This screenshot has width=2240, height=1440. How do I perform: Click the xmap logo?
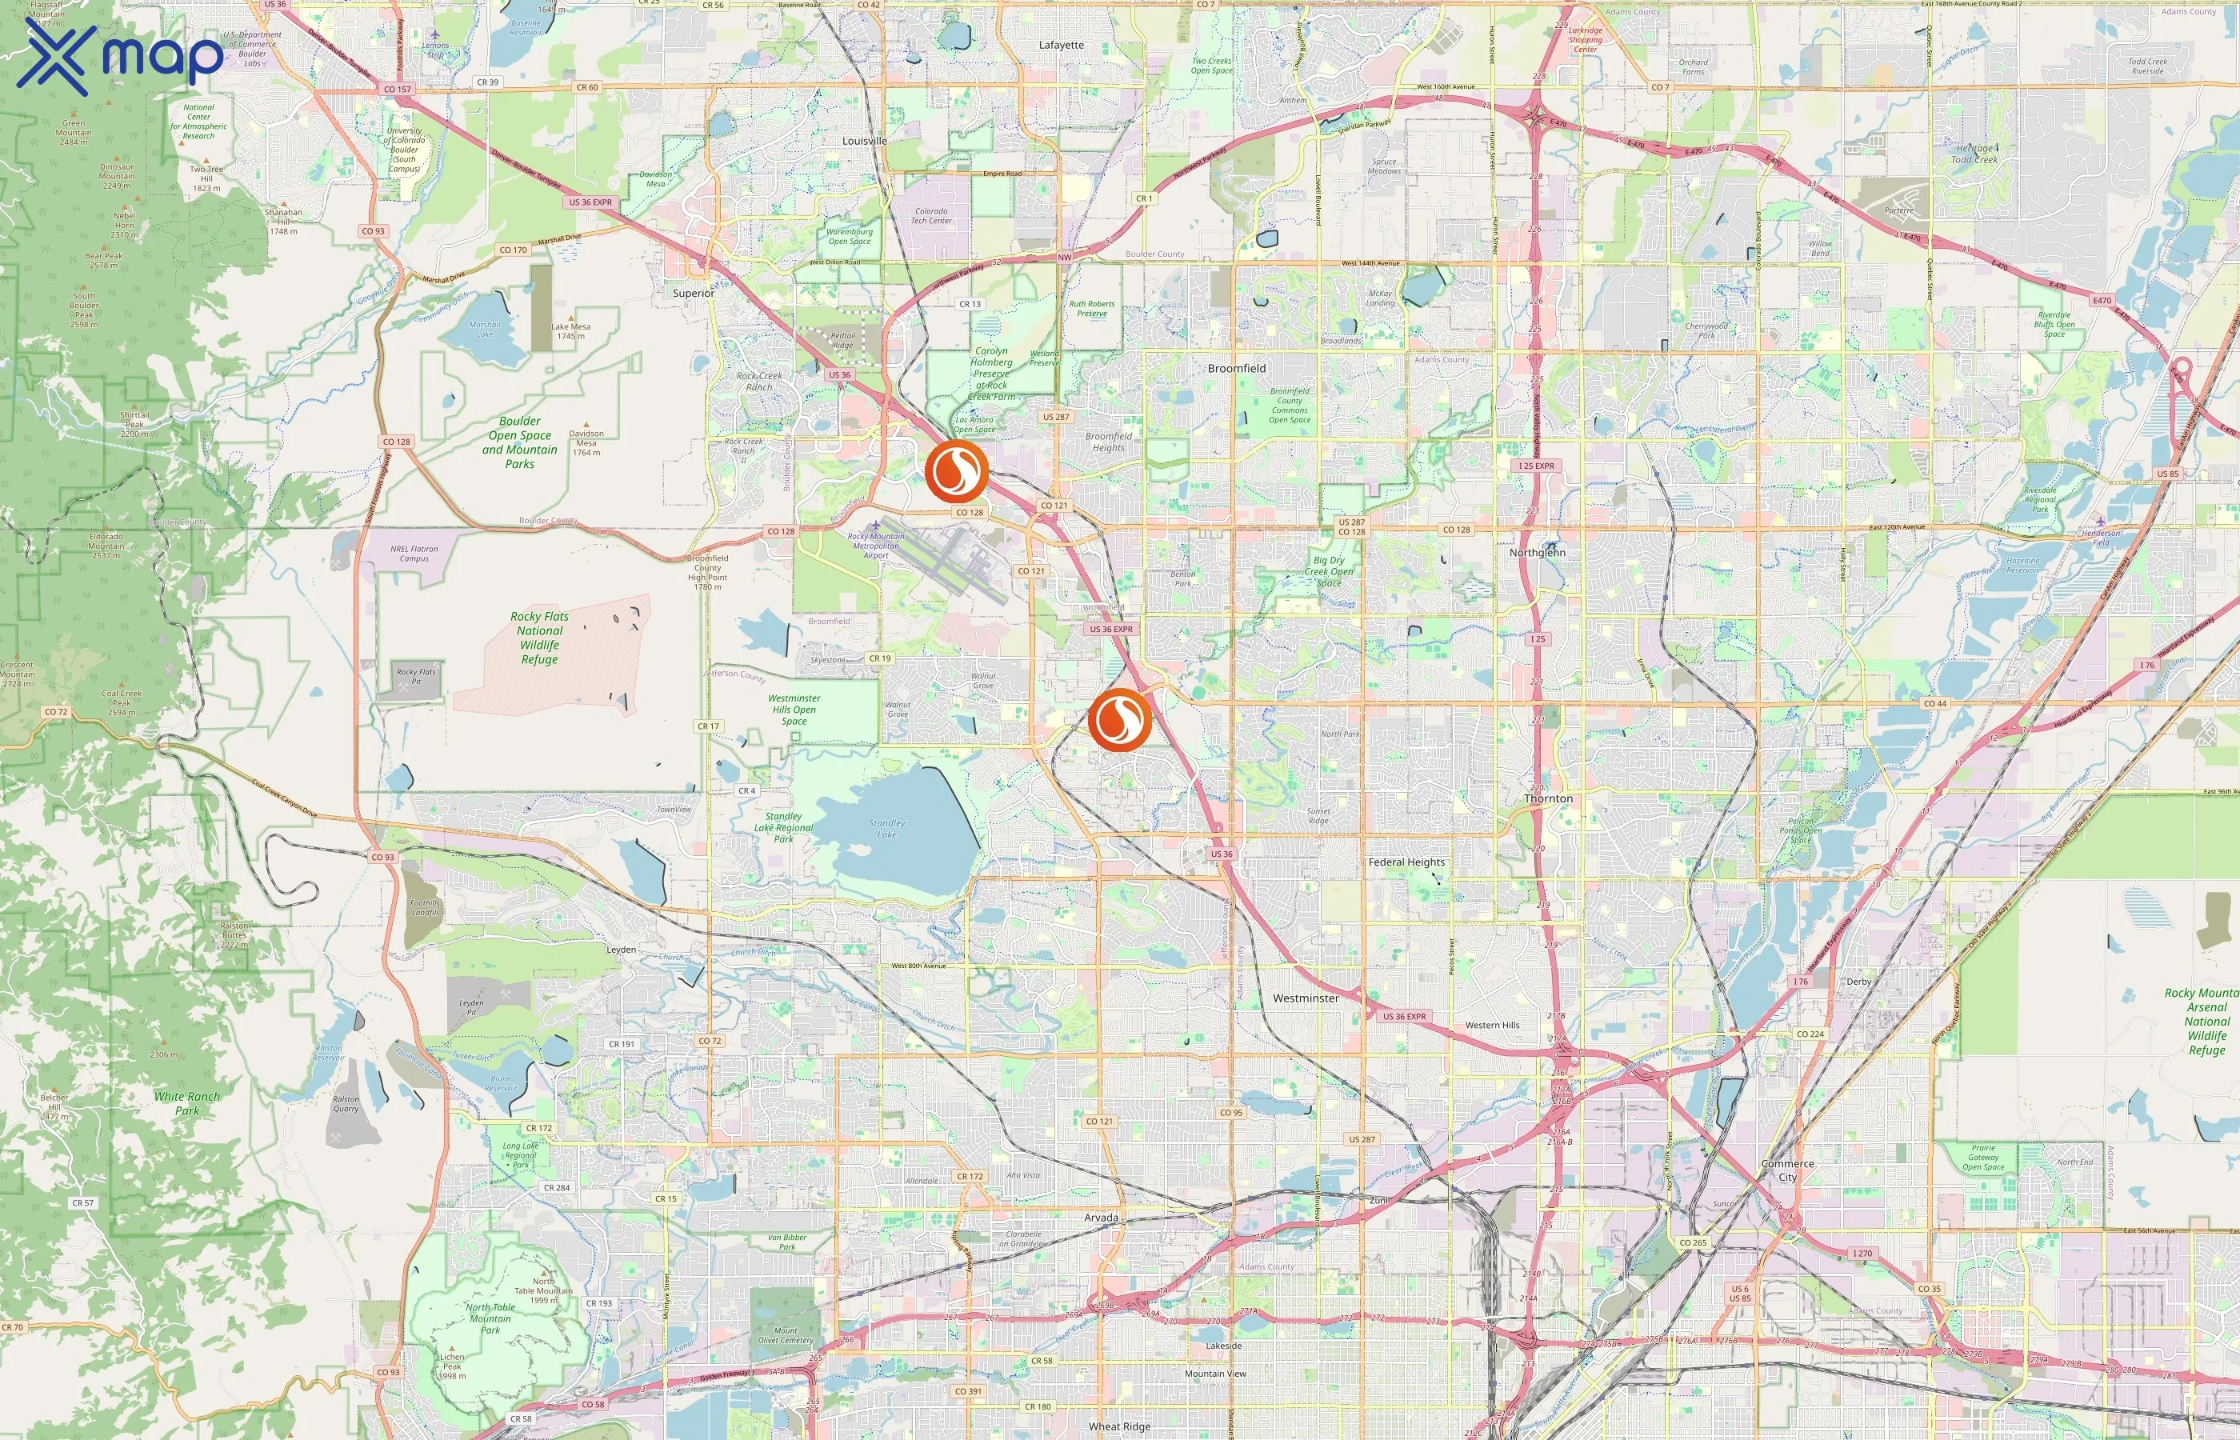click(120, 58)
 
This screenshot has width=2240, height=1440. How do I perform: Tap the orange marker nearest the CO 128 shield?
click(955, 471)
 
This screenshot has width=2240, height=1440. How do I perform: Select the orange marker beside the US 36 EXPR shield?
click(1119, 719)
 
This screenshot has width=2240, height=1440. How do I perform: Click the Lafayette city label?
click(1061, 45)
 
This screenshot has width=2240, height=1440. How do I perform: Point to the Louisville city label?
click(864, 141)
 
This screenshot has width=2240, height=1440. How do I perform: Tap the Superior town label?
click(693, 294)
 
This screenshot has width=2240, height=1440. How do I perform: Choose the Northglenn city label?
click(1537, 553)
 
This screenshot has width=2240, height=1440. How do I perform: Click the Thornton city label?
click(1548, 798)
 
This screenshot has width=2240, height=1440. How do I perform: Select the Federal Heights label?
click(1406, 862)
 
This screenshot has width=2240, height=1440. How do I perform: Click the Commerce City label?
click(1787, 1170)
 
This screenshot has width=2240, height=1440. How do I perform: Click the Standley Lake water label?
click(886, 829)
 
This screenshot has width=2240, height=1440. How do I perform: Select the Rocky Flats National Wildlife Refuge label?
click(539, 638)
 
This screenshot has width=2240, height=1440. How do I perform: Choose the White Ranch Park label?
click(187, 1103)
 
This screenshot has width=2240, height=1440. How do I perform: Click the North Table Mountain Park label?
click(490, 1318)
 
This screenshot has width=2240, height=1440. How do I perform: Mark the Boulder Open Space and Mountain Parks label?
click(520, 442)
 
